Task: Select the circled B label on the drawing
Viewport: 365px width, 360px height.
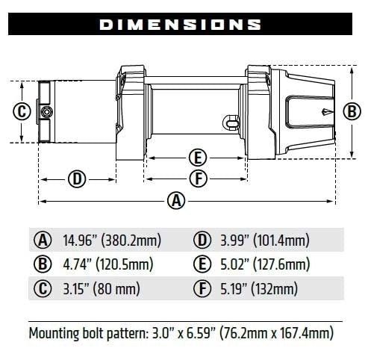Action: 352,111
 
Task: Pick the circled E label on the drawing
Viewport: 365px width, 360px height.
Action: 197,158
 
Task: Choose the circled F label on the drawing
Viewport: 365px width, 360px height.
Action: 197,179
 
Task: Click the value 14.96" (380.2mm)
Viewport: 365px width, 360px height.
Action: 106,240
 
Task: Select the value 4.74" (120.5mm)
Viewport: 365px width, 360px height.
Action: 106,264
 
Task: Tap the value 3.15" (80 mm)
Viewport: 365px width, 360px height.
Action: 97,288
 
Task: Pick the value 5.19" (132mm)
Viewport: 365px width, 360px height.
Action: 259,288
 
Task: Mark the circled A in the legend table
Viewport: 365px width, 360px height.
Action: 43,240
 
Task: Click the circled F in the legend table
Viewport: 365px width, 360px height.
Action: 202,288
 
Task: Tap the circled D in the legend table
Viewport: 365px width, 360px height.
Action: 202,240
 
